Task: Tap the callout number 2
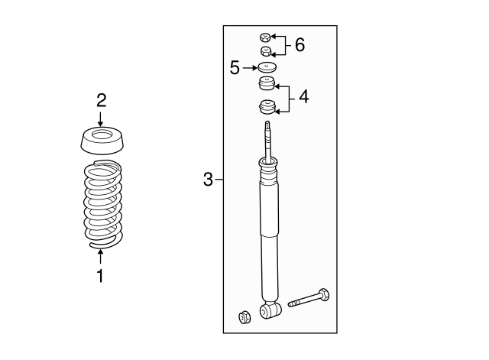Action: tap(101, 99)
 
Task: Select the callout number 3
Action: tap(208, 180)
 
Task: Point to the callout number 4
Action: tap(303, 97)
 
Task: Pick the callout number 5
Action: tap(235, 68)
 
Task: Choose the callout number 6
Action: tap(299, 45)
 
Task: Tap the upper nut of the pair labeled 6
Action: tap(264, 36)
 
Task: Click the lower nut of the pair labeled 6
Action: tap(265, 51)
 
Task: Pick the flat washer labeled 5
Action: tap(265, 68)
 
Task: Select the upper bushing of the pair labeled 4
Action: tap(265, 83)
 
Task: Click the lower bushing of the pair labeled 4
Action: tap(266, 105)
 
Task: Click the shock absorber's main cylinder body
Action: tap(269, 237)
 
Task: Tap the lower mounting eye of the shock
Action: tap(267, 311)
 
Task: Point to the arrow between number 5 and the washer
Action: tap(249, 68)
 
